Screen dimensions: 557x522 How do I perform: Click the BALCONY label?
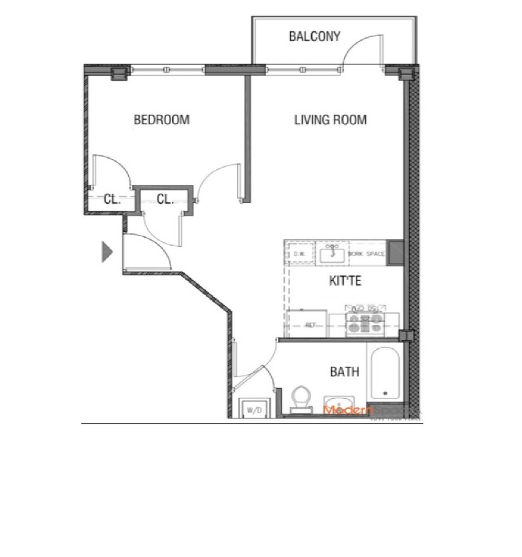click(x=315, y=37)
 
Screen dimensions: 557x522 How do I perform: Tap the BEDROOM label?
click(x=161, y=120)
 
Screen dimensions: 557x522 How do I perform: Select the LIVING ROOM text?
click(x=330, y=120)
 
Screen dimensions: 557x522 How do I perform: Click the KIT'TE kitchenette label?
click(x=345, y=281)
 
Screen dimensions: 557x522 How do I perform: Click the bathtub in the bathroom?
click(x=385, y=373)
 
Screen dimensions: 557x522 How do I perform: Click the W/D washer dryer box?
click(x=254, y=409)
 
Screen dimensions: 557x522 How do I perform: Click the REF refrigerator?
click(x=310, y=325)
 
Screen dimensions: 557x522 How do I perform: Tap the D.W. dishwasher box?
click(x=299, y=255)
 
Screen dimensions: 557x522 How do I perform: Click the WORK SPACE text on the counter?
click(x=366, y=254)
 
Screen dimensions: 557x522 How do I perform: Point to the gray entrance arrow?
click(x=107, y=252)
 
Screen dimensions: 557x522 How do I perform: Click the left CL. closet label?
click(x=112, y=199)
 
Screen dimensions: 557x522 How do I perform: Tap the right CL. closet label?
click(x=165, y=199)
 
